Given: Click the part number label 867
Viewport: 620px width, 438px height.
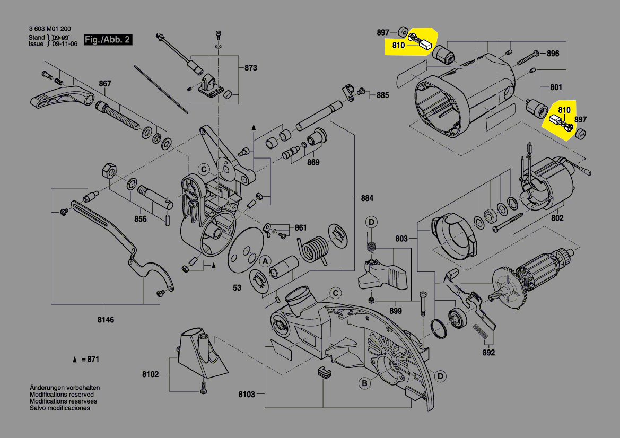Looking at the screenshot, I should pos(105,83).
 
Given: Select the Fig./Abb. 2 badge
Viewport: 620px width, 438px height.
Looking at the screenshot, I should pos(108,40).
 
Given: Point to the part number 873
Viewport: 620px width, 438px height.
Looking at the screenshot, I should pos(250,68).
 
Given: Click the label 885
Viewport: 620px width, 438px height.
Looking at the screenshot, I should pos(382,95).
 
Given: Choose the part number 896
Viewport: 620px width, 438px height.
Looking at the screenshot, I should pos(553,54).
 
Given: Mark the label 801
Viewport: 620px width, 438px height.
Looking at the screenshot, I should pos(556,87).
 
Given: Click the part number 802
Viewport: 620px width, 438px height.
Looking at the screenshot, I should pos(557,218).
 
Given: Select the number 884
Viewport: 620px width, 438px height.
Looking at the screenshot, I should pos(367,198).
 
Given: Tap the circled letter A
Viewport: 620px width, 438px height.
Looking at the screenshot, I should pos(264,261).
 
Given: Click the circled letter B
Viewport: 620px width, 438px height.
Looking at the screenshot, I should pos(364,383).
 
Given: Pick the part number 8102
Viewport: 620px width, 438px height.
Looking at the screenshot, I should pos(151,374).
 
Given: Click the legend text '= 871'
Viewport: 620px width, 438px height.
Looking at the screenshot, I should pos(90,360).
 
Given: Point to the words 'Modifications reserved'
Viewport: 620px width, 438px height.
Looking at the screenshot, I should pos(62,395).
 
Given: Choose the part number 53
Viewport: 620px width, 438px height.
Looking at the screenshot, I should pos(237,288).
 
